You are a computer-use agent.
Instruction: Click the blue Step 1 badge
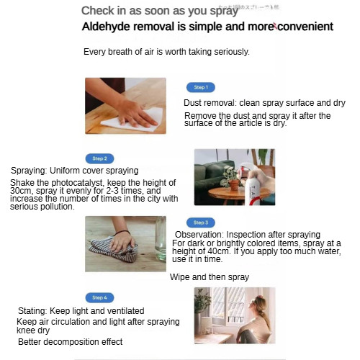(x=201, y=87)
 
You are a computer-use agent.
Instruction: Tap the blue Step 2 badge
(x=99, y=158)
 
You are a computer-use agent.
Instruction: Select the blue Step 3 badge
(x=201, y=222)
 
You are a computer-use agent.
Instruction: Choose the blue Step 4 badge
(x=99, y=297)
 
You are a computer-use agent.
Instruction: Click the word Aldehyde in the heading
(x=106, y=27)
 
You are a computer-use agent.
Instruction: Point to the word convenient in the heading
(x=305, y=27)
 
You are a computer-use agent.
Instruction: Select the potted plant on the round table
(x=232, y=179)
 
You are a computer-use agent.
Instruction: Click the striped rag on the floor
(x=114, y=250)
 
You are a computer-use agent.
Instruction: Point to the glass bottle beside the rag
(x=161, y=239)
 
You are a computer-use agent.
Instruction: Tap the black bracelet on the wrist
(x=122, y=233)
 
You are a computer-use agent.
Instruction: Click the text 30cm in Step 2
(x=20, y=191)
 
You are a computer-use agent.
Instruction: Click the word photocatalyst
(x=78, y=183)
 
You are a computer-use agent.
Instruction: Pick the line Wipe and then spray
(x=210, y=277)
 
